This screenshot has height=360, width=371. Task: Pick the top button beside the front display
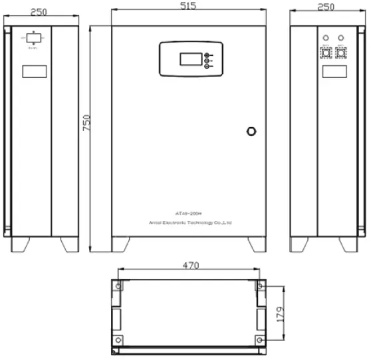click(207, 55)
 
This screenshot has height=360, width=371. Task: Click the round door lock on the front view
click(251, 130)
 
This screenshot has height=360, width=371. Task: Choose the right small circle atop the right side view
click(342, 37)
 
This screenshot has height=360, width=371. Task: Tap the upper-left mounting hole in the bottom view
click(118, 286)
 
